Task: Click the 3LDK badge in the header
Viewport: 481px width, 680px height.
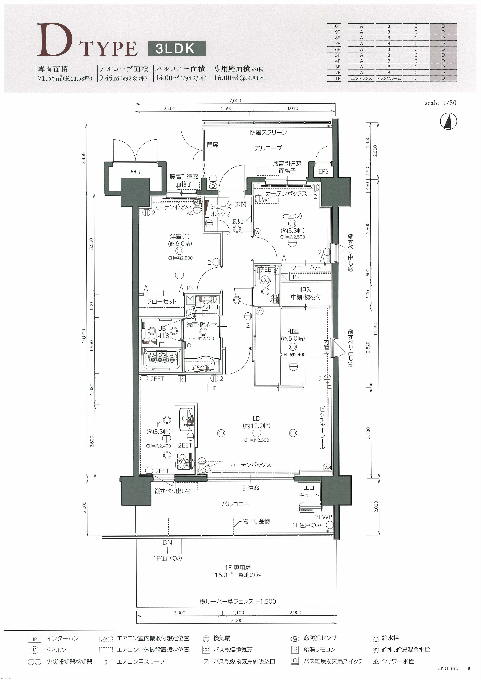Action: [x=177, y=49]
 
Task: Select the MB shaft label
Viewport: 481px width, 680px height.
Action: [x=135, y=172]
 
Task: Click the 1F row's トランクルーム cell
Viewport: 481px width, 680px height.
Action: [x=389, y=79]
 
